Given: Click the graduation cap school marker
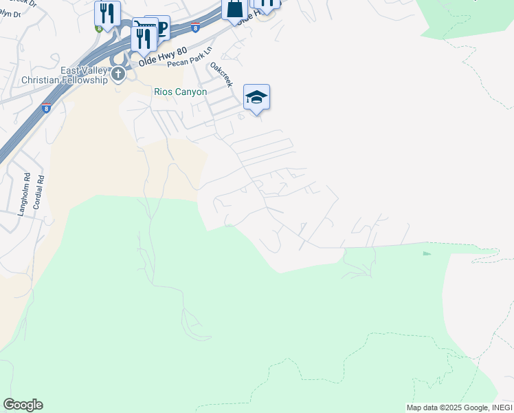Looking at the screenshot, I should (256, 97).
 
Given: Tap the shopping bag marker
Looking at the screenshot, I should (234, 10).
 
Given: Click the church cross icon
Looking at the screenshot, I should (118, 74).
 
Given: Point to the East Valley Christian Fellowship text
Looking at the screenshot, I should (66, 75).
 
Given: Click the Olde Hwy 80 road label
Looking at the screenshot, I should (162, 56).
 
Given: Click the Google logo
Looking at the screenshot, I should (23, 405).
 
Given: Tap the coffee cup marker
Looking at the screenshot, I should (160, 28).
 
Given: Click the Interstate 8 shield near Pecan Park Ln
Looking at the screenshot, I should (196, 28).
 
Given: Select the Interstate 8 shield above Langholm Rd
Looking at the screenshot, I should (46, 108).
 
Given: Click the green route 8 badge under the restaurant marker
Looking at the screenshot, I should (99, 28).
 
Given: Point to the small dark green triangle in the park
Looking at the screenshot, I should (427, 253).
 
